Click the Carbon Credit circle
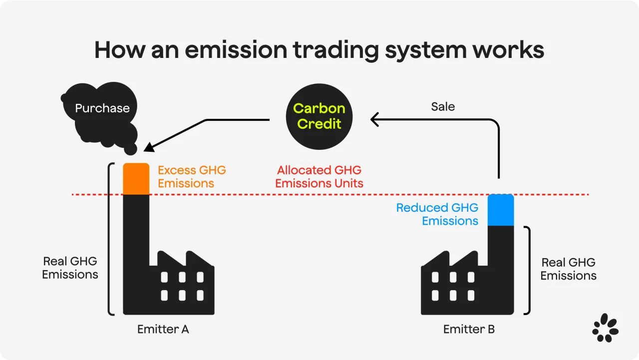(x=319, y=116)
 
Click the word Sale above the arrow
(x=443, y=106)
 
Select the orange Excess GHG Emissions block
(x=136, y=178)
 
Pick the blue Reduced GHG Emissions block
(x=500, y=210)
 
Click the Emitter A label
(x=163, y=329)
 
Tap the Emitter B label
(x=469, y=329)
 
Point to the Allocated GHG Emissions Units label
(x=319, y=177)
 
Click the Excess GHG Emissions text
(x=192, y=177)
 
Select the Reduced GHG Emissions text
(x=437, y=214)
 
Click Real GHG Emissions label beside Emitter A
(x=70, y=268)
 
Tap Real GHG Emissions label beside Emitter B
(x=568, y=269)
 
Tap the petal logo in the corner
(x=605, y=328)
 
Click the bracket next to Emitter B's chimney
(x=527, y=270)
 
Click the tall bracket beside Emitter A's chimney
(x=110, y=239)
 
